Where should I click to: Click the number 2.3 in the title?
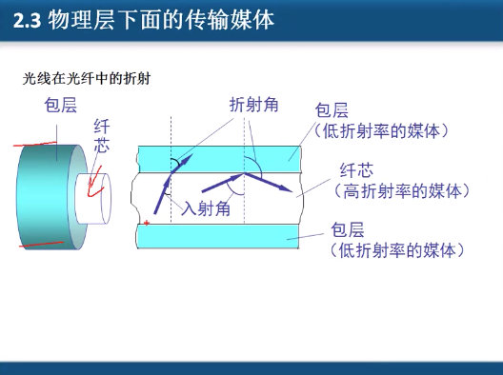31,20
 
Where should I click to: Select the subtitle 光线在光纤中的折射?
86,79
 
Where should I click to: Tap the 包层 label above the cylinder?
60,106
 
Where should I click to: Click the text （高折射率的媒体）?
401,191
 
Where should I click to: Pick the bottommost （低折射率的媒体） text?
396,250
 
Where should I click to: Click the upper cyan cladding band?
219,155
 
